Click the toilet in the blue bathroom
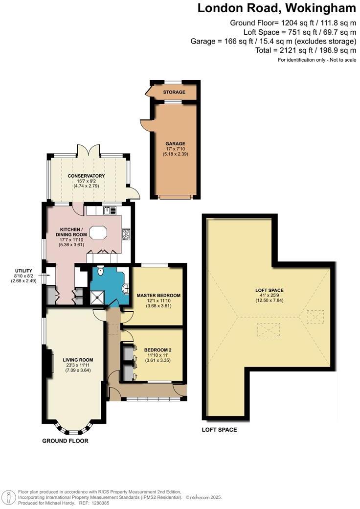tap(100, 271)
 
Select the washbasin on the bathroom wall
tap(127, 288)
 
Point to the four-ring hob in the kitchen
tap(126, 234)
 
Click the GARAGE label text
tap(175, 144)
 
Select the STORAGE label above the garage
tap(174, 92)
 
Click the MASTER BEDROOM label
tap(158, 296)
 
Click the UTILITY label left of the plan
tap(23, 271)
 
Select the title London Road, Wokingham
tap(276, 8)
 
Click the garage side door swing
tap(145, 126)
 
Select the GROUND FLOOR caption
tap(65, 440)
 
